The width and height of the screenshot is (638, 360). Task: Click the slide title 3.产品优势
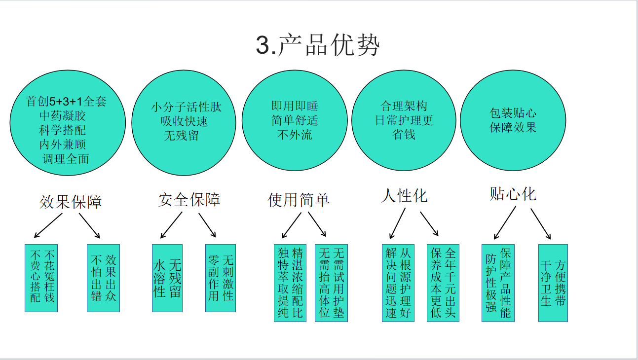(318, 46)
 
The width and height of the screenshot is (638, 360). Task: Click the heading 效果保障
(71, 202)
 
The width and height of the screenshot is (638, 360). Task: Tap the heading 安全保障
(189, 199)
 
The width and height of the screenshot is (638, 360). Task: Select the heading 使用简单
(299, 200)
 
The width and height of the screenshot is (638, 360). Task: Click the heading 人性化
(404, 196)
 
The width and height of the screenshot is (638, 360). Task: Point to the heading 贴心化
(513, 194)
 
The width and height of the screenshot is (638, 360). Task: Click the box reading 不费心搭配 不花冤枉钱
(41, 278)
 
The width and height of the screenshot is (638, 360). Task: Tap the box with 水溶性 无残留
(167, 278)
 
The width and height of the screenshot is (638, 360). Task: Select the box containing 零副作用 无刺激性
(221, 278)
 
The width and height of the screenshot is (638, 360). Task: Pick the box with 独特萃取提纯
(290, 283)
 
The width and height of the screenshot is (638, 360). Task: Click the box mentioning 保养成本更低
(443, 283)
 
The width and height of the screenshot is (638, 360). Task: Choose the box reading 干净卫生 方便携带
(553, 283)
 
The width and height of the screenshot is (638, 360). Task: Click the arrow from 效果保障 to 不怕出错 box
(90, 226)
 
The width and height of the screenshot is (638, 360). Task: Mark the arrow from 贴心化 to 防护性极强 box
(505, 223)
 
